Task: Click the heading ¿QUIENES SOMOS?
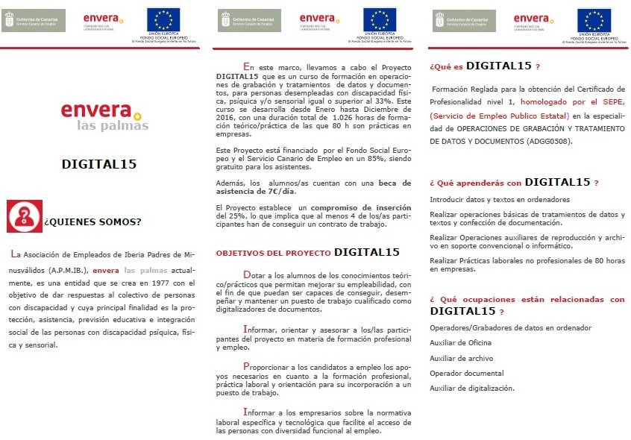click(93, 221)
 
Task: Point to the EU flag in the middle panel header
click(380, 19)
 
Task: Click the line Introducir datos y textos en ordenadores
click(500, 199)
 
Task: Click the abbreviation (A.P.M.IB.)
click(66, 270)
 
